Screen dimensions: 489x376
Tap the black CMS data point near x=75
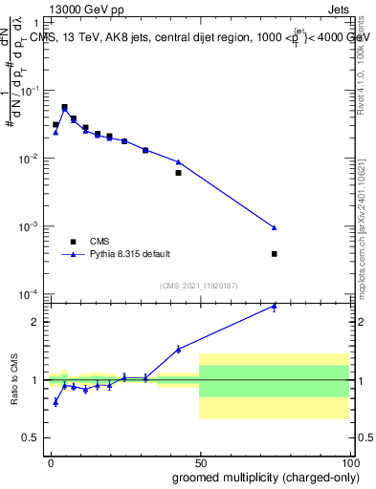coord(275,254)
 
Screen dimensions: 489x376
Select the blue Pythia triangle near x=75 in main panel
coord(275,227)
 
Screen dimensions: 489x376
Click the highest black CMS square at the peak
coord(64,107)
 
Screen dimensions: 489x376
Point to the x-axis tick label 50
coord(199,461)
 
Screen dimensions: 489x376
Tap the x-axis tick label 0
coord(51,461)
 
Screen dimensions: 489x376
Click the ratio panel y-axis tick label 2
coord(33,321)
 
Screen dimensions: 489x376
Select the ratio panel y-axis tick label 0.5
coord(30,437)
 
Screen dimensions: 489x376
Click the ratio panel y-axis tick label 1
coord(33,379)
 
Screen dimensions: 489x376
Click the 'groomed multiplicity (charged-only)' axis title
coord(260,477)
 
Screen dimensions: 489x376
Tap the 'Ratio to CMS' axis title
coord(15,380)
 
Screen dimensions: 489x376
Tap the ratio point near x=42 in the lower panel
coord(178,349)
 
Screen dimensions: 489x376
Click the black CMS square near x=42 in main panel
coord(178,173)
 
